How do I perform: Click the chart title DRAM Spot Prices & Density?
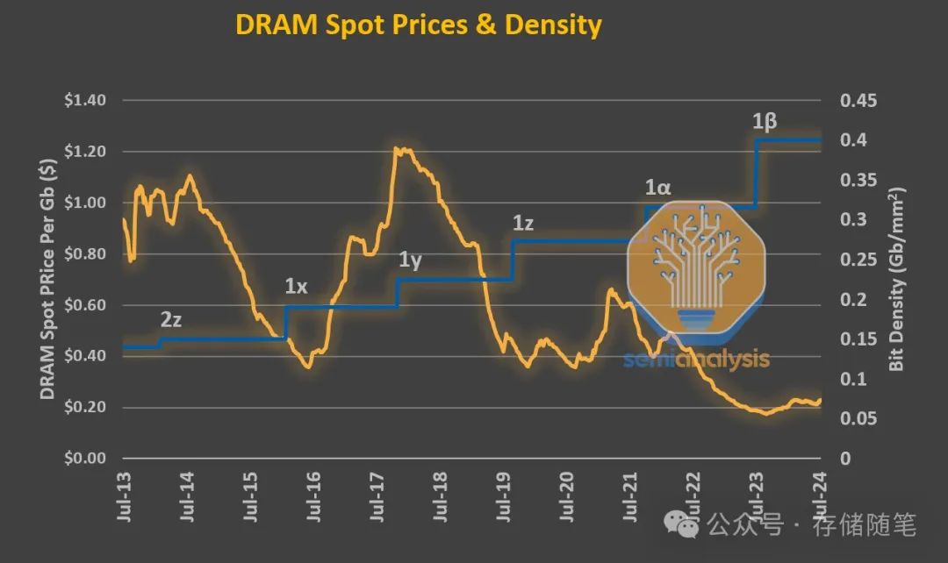tap(418, 25)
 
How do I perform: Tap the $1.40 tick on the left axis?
tap(85, 101)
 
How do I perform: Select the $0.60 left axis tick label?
tap(85, 305)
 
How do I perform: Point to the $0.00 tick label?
tap(85, 459)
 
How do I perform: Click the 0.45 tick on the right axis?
tap(858, 101)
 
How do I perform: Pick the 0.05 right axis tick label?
tap(858, 419)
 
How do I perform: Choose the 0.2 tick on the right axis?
tap(852, 300)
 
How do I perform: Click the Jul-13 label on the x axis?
tap(125, 499)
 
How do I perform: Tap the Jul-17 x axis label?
tap(378, 499)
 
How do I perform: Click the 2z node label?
tap(171, 320)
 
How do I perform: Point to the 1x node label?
tap(297, 286)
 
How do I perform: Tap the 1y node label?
tap(411, 260)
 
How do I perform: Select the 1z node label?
tap(523, 224)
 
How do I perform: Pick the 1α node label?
tap(657, 187)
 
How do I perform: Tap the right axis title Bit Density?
tap(896, 279)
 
